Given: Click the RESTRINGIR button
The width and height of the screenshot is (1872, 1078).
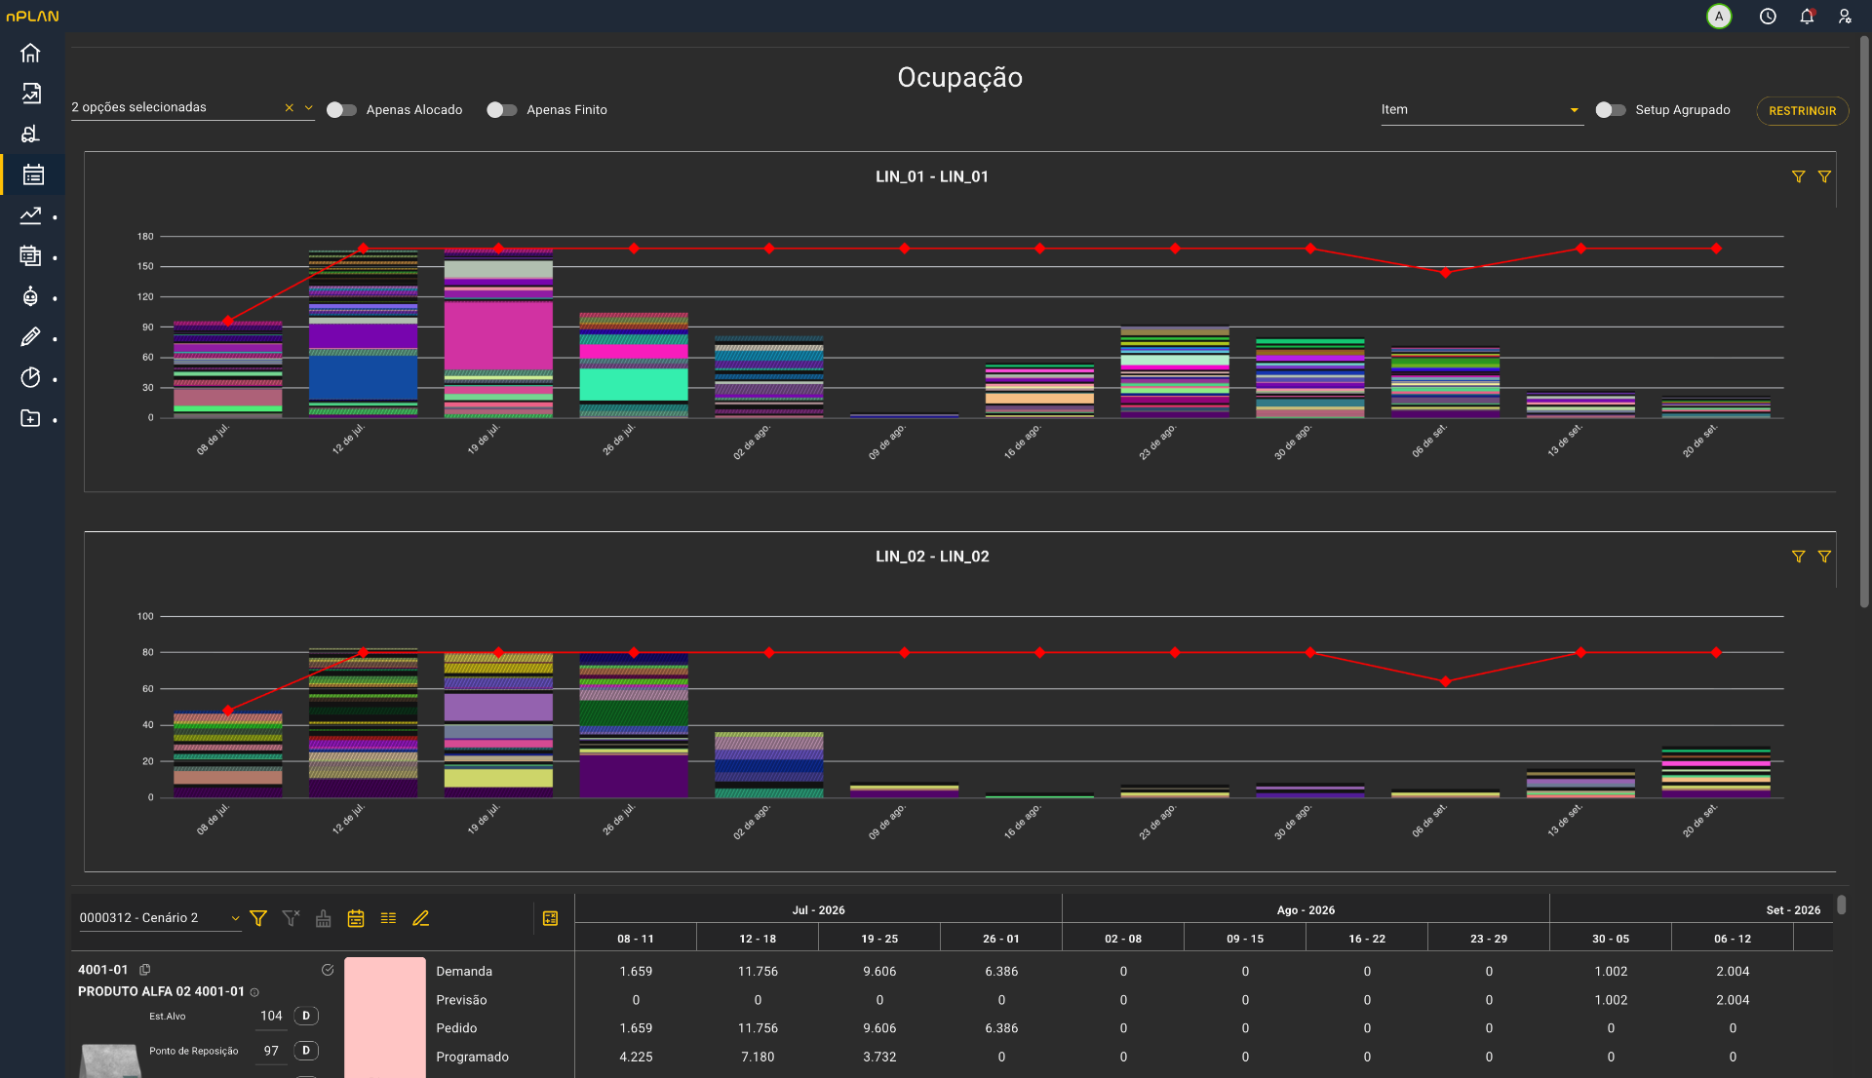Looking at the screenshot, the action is (1802, 111).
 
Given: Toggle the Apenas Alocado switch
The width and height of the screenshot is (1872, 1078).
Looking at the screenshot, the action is (341, 110).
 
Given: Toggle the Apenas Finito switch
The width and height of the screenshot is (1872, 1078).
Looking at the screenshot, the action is (502, 110).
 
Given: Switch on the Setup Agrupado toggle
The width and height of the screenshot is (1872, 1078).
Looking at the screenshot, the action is (1611, 110).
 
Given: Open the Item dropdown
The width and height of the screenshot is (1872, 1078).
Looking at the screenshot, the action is (1481, 110).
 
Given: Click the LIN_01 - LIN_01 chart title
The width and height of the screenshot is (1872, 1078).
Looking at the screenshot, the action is (932, 176).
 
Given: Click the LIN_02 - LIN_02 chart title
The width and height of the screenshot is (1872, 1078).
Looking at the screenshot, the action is (932, 557).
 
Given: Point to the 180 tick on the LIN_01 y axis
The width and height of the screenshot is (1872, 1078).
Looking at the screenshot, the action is (145, 237).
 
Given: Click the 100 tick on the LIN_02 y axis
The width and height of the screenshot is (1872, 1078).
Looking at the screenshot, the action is (145, 617).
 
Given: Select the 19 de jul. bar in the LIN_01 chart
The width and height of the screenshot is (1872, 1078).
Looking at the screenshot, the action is (498, 332).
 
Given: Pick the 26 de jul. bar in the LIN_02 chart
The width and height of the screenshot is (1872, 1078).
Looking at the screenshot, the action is (634, 725).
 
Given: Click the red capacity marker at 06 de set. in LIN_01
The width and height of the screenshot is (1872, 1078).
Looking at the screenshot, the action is (1445, 273).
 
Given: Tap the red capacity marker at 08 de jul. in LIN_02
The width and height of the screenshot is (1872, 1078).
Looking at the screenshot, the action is (228, 711).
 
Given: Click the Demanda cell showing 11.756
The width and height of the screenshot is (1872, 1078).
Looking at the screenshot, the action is (758, 972).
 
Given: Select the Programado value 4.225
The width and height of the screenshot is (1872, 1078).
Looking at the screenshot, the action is (636, 1058).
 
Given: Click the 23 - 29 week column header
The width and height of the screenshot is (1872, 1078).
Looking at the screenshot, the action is (1489, 939).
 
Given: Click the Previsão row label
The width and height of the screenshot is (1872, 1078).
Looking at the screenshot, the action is (461, 1000).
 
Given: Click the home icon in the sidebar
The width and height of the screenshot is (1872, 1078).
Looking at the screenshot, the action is (30, 53).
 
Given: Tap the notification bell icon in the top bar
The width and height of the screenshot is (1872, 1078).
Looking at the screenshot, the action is (1807, 17).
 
